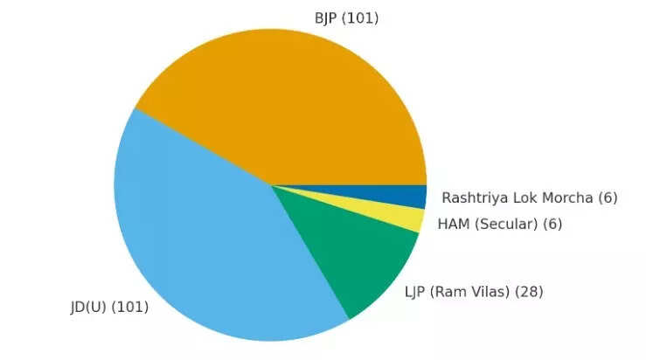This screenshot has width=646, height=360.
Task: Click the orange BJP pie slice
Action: [x=288, y=105]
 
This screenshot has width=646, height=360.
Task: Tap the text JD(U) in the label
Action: [x=88, y=307]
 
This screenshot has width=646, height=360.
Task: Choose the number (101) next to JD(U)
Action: [x=129, y=307]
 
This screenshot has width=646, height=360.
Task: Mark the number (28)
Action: [x=529, y=292]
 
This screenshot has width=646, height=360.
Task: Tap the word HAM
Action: [x=453, y=225]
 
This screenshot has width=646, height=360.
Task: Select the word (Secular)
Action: [x=505, y=225]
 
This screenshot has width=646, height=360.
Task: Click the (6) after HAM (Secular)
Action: [x=552, y=225]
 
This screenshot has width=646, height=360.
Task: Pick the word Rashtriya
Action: [x=473, y=198]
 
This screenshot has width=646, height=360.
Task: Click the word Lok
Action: [x=523, y=198]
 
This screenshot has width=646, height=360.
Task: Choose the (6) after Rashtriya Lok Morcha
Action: [x=608, y=198]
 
